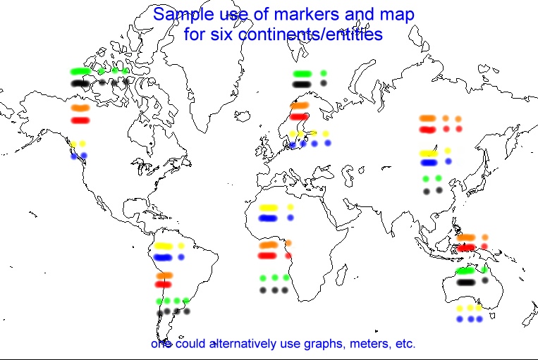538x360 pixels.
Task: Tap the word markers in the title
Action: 307,14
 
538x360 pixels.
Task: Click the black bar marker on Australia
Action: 466,283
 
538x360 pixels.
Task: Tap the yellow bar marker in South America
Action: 163,246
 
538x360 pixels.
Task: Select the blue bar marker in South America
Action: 163,257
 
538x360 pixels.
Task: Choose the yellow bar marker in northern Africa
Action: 268,208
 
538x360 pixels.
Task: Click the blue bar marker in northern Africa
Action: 268,218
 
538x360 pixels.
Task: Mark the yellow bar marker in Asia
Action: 429,154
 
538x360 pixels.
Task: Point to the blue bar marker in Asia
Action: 429,163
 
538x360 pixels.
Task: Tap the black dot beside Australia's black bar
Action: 485,280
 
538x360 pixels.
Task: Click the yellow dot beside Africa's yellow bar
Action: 291,207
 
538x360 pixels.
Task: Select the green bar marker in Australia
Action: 465,271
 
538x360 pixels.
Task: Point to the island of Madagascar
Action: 341,275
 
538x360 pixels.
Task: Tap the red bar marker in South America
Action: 164,284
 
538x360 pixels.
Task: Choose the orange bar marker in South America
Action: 164,275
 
